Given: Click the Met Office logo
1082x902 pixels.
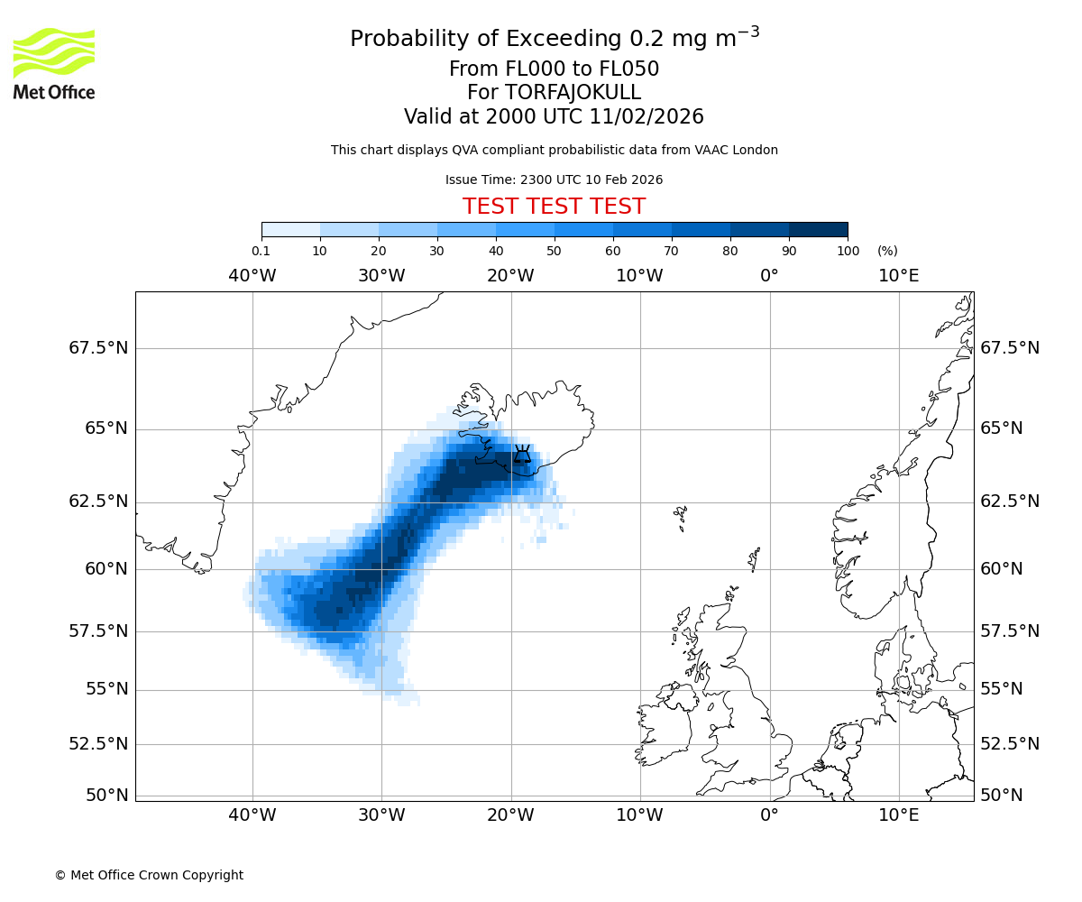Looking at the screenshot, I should point(54,63).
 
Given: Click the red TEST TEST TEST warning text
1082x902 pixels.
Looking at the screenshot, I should point(554,207).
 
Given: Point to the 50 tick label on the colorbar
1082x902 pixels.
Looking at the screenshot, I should point(554,251).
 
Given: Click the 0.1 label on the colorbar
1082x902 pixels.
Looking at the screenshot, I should point(261,251).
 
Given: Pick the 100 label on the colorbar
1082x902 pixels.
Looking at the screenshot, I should point(848,251).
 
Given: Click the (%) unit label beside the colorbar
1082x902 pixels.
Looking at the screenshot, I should point(887,251).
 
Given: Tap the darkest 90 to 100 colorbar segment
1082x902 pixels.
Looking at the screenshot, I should point(818,229).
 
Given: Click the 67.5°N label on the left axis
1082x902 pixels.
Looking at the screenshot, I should point(98,348).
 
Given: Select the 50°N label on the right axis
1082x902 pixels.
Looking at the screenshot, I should point(1001,795).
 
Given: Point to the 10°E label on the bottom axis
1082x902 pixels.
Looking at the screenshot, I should point(898,815).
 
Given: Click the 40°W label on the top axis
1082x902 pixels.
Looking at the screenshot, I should point(252,275).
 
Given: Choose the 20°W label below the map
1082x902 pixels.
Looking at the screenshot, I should point(510,815).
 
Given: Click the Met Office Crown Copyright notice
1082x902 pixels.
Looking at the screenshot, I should point(149,875).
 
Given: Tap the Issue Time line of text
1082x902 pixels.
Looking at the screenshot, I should point(554,179).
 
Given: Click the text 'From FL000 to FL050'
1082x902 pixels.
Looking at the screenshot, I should point(554,69).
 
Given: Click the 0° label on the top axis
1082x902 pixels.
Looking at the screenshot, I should point(769,275).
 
